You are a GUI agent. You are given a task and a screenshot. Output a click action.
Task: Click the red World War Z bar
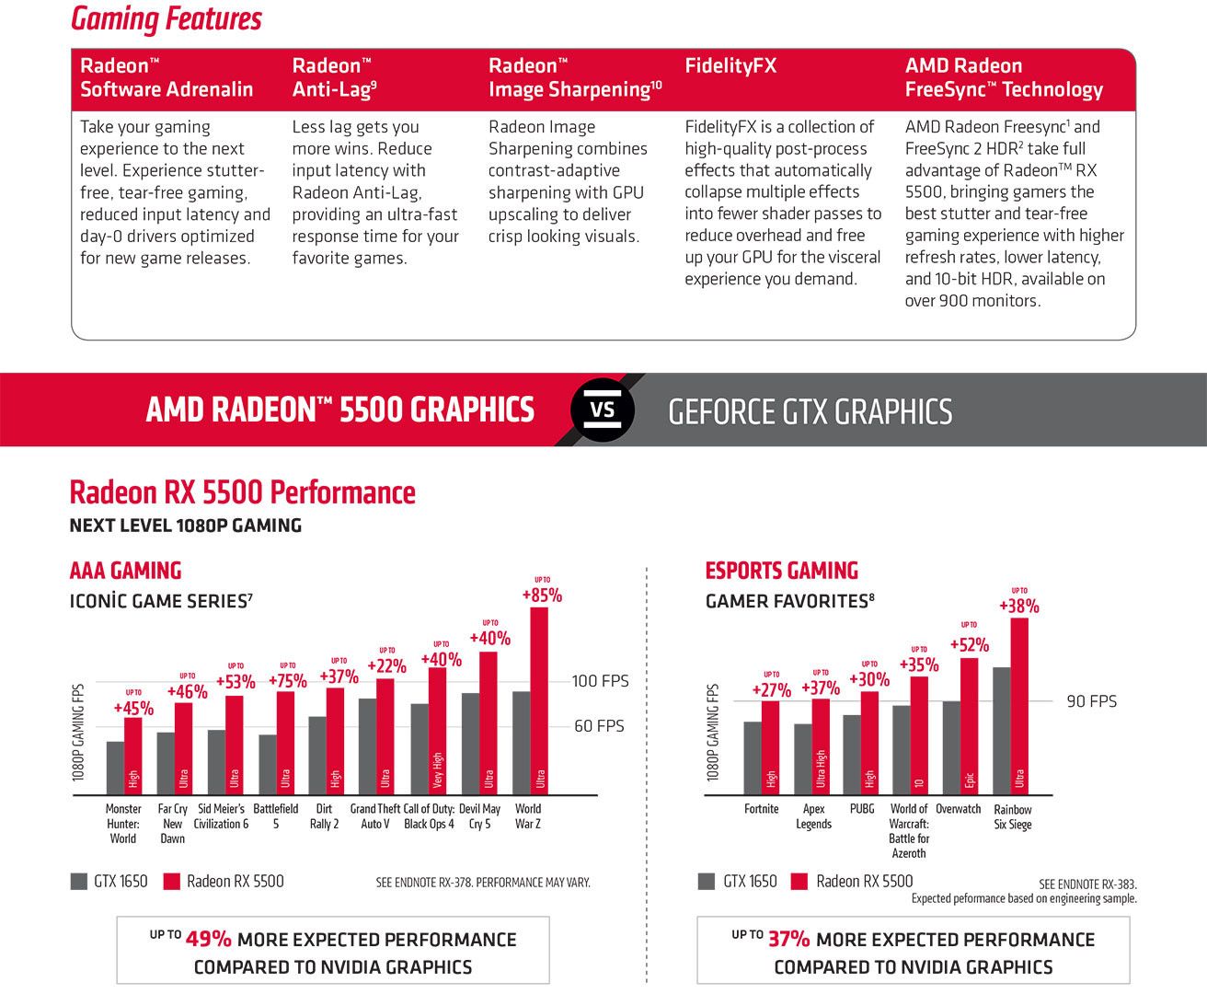539,699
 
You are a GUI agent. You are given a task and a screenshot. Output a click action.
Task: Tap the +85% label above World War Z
542,595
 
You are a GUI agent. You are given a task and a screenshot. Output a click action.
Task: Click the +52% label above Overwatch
969,645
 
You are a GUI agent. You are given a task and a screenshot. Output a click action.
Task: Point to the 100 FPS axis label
600,681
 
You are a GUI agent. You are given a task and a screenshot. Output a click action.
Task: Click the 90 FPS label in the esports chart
1091,701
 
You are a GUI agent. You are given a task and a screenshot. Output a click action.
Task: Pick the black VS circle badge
603,410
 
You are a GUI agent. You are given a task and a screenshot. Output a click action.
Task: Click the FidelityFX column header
730,66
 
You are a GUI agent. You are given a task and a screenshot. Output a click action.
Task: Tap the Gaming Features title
167,19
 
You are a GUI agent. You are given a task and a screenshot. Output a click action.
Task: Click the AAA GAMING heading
126,571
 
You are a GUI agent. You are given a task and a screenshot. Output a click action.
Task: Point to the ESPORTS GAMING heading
781,571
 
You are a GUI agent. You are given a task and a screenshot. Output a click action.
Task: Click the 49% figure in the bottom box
209,940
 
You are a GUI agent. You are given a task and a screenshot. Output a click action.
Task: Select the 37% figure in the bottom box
789,940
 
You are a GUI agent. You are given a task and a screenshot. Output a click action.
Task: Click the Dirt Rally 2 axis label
324,816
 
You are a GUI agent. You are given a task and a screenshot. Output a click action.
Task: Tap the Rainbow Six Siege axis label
1012,816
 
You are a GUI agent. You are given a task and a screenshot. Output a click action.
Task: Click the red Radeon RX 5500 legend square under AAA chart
171,882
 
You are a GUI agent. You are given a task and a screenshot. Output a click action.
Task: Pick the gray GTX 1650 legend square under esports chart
707,882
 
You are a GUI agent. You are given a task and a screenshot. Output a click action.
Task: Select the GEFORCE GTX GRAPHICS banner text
810,411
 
